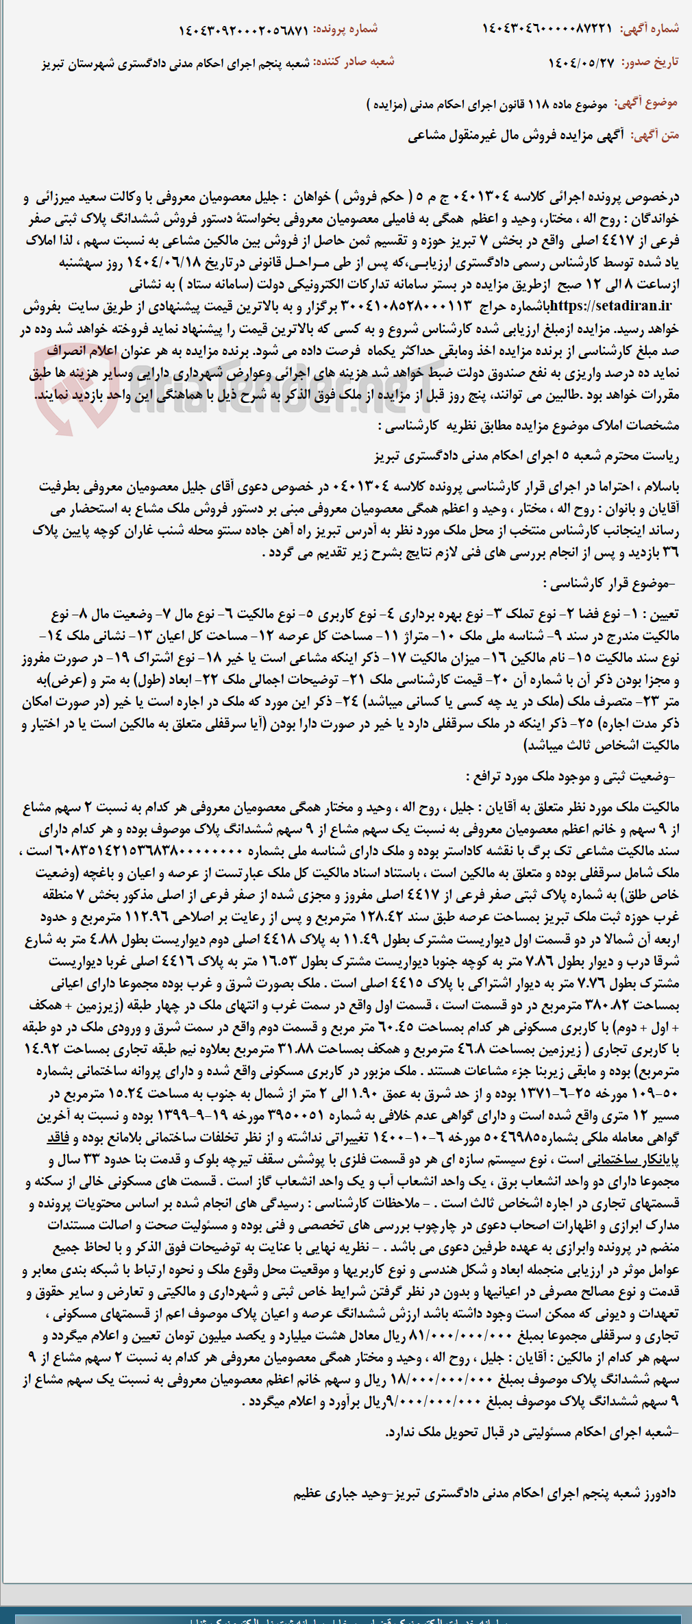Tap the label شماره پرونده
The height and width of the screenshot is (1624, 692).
(x=345, y=29)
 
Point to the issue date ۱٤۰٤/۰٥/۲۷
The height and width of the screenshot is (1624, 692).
(x=581, y=63)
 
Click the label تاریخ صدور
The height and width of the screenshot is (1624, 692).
(x=650, y=62)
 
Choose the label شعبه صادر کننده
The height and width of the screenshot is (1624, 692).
(x=354, y=62)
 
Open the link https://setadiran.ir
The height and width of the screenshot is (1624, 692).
(x=610, y=306)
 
